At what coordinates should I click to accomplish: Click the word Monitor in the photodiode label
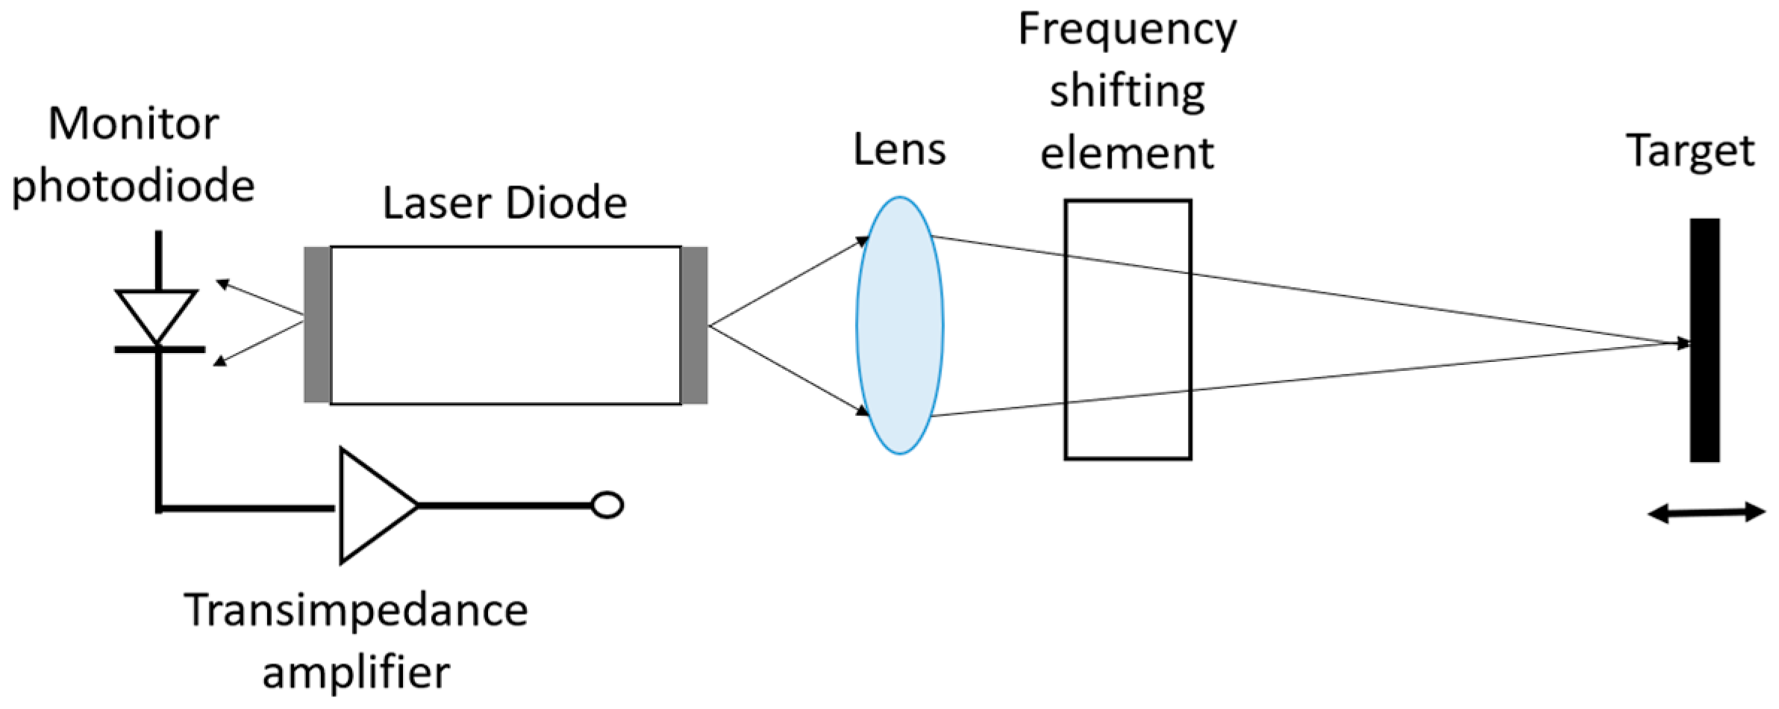pyautogui.click(x=134, y=124)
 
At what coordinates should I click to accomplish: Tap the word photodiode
pyautogui.click(x=134, y=186)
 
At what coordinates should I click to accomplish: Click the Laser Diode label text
pyautogui.click(x=504, y=203)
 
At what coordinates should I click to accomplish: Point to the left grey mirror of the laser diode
pyautogui.click(x=317, y=325)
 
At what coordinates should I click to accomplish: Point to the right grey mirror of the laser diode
pyautogui.click(x=694, y=325)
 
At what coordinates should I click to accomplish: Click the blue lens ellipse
pyautogui.click(x=899, y=325)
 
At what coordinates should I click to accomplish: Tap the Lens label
pyautogui.click(x=899, y=149)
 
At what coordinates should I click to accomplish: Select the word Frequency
pyautogui.click(x=1127, y=30)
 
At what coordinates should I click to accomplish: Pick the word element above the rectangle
pyautogui.click(x=1127, y=154)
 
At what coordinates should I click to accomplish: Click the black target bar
pyautogui.click(x=1704, y=340)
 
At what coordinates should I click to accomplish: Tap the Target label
pyautogui.click(x=1690, y=152)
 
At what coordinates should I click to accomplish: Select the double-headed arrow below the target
pyautogui.click(x=1706, y=513)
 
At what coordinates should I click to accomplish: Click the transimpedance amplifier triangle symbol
pyautogui.click(x=372, y=505)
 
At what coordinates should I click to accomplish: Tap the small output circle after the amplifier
pyautogui.click(x=607, y=505)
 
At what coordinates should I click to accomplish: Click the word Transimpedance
pyautogui.click(x=356, y=610)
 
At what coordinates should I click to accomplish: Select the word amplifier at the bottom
pyautogui.click(x=356, y=672)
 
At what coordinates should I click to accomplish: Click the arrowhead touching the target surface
pyautogui.click(x=1684, y=343)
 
